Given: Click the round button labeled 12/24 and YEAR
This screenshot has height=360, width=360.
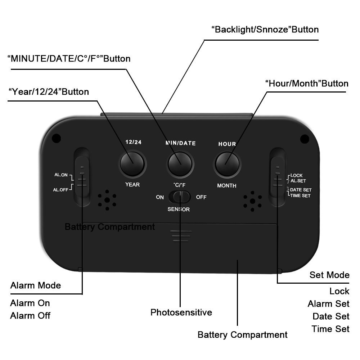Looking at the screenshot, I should (x=132, y=164).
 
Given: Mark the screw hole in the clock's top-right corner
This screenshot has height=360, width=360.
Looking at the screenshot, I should (x=305, y=138).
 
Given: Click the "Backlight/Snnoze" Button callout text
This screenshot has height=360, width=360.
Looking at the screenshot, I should (x=265, y=30).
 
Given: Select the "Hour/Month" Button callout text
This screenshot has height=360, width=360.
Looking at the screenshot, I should (x=307, y=84).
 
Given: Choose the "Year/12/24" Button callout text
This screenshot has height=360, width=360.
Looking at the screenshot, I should (x=49, y=92).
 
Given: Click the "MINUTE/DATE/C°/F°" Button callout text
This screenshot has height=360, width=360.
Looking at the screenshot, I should (x=69, y=58).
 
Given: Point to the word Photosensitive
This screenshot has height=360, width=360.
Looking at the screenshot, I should (x=181, y=312).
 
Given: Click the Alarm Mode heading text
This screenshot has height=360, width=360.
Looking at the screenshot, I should (x=36, y=286).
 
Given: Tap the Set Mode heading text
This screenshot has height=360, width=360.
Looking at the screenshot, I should (x=329, y=275).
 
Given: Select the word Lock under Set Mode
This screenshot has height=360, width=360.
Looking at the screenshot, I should (x=339, y=291).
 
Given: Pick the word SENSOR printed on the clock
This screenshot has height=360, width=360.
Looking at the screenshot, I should (x=179, y=210).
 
